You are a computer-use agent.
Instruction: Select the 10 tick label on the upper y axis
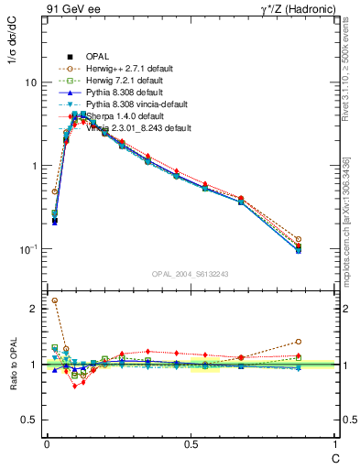point(30,82)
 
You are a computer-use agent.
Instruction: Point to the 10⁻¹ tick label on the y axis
point(27,249)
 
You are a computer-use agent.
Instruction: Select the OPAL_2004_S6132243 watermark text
point(191,274)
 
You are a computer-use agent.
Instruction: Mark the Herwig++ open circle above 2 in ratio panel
point(54,300)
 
